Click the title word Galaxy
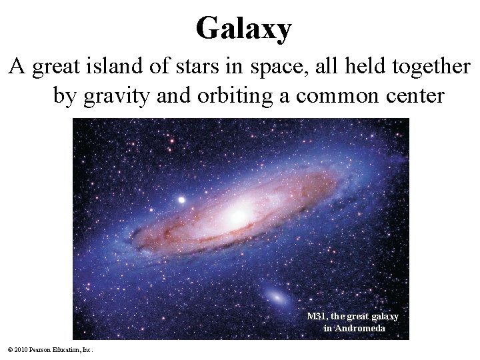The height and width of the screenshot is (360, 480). tap(243, 29)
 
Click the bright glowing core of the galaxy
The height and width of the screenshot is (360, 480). tap(237, 215)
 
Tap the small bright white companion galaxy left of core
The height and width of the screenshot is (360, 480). tap(181, 199)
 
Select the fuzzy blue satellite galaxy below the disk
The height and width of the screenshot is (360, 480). tap(275, 295)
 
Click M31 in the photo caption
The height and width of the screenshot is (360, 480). tap(317, 317)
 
